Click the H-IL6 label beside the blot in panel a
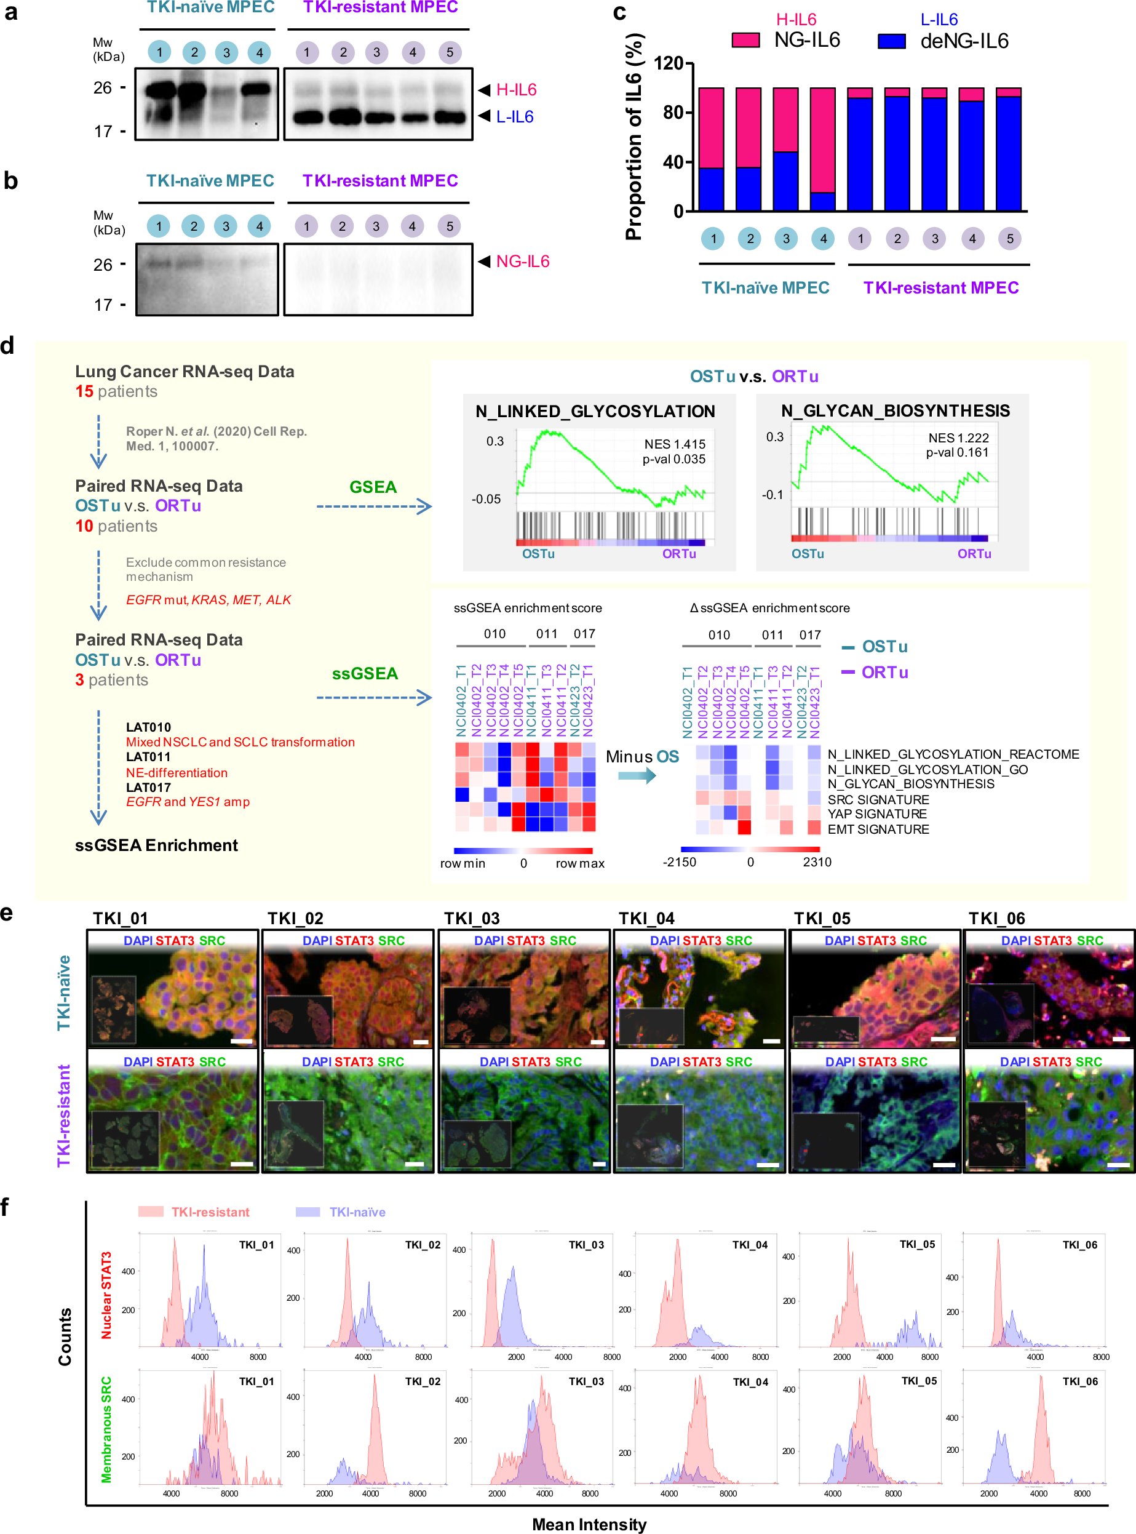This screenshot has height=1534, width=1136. pyautogui.click(x=516, y=90)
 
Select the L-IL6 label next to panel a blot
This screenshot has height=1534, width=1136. pyautogui.click(x=514, y=117)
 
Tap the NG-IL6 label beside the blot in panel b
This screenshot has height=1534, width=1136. pyautogui.click(x=523, y=262)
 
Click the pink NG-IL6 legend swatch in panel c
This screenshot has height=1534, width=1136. pyautogui.click(x=745, y=41)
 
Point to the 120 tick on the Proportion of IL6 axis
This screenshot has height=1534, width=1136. pyautogui.click(x=669, y=64)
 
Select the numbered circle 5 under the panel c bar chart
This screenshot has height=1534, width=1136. pyautogui.click(x=1009, y=239)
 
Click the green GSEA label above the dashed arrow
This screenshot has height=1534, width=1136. pyautogui.click(x=373, y=487)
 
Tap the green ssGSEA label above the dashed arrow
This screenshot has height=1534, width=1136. pyautogui.click(x=365, y=673)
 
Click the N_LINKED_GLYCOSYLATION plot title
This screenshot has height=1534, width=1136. pyautogui.click(x=595, y=412)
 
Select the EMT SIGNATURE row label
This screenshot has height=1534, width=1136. pyautogui.click(x=878, y=829)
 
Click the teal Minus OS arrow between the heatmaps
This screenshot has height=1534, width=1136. pyautogui.click(x=637, y=776)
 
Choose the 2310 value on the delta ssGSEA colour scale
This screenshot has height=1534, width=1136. pyautogui.click(x=817, y=862)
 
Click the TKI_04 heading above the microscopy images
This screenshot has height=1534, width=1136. pyautogui.click(x=646, y=918)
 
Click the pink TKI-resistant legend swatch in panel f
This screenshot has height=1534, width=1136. pyautogui.click(x=151, y=1212)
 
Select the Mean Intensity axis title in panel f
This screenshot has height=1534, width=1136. pyautogui.click(x=589, y=1524)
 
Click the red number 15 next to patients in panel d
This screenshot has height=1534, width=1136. pyautogui.click(x=84, y=391)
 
